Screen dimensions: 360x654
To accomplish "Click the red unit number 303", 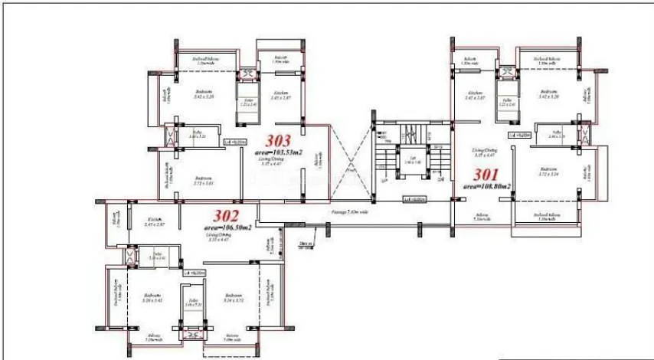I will pos(277,140).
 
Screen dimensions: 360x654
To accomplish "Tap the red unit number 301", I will pos(485,173).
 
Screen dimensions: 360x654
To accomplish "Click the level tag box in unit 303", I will pos(234,142).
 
